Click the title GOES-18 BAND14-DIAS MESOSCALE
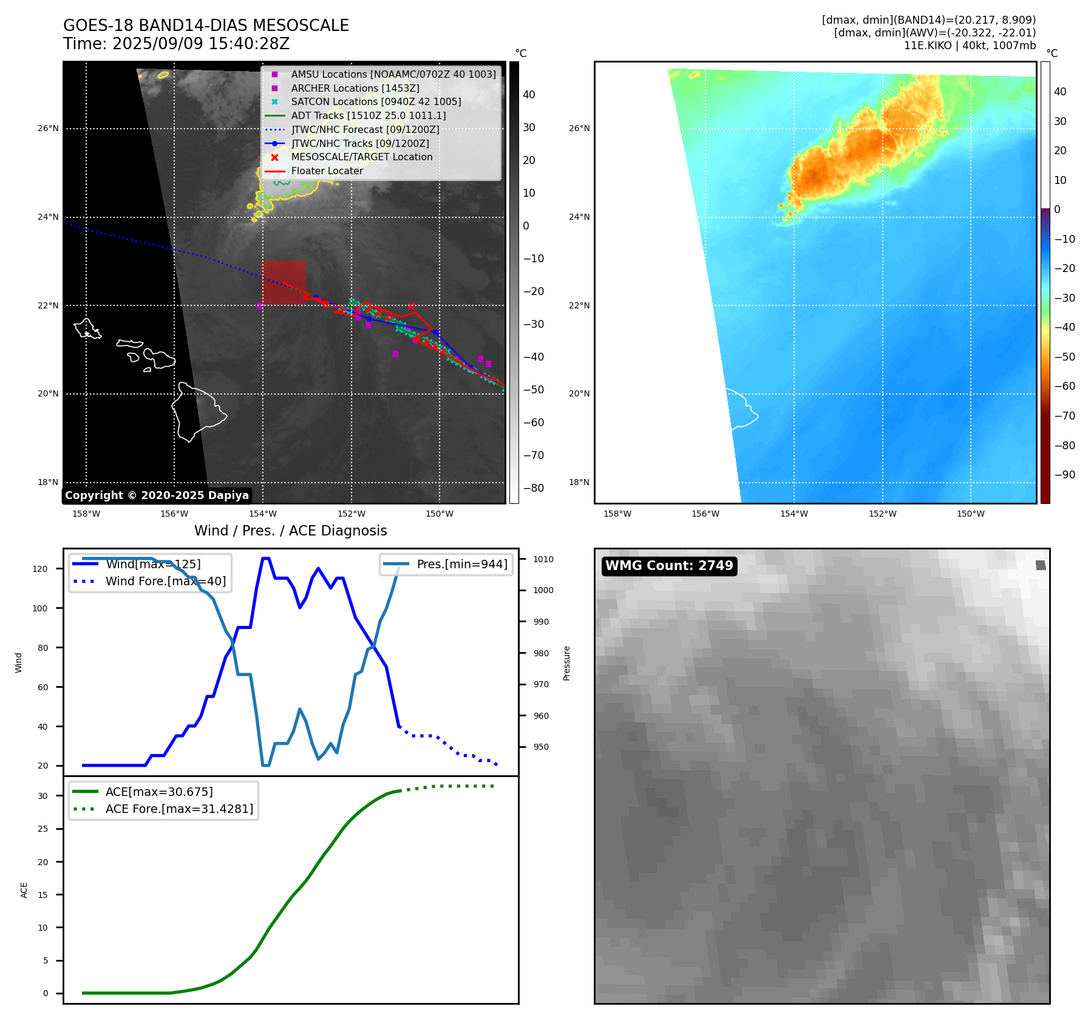coord(206,25)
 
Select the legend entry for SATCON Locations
coord(376,101)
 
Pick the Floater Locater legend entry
coord(327,171)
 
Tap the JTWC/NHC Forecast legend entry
coord(365,129)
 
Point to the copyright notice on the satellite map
coord(157,495)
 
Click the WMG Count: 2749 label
coord(668,566)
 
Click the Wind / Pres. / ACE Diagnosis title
coord(290,531)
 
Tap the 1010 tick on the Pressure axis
coord(543,559)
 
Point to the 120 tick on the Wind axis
coord(40,569)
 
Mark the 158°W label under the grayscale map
coord(86,514)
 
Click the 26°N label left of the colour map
coord(579,128)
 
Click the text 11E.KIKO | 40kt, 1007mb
coord(970,46)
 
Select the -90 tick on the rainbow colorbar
coord(1064,475)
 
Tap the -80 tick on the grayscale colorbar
coord(534,488)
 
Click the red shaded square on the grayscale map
coord(284,282)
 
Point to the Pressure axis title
coord(566,663)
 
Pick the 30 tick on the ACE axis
coord(42,796)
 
